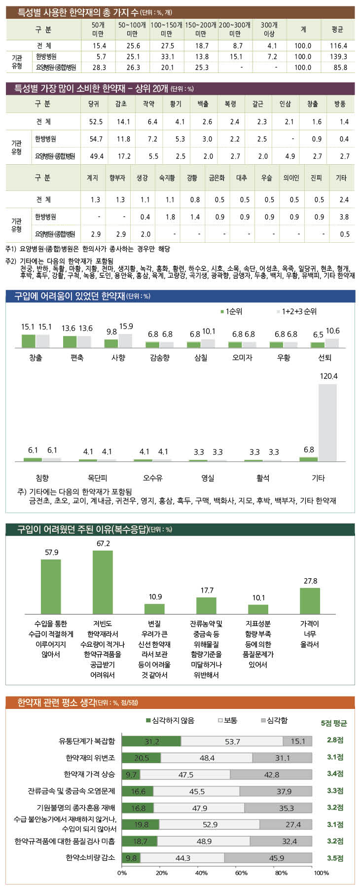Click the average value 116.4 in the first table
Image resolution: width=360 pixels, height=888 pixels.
(338, 45)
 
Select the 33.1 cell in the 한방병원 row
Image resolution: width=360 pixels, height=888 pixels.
(167, 57)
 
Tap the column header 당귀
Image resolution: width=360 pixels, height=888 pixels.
(93, 104)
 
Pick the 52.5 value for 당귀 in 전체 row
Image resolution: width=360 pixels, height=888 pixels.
(96, 121)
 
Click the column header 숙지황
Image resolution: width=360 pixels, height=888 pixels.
(167, 178)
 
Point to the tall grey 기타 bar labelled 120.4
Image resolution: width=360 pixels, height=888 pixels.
(327, 422)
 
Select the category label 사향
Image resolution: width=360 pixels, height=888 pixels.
(118, 357)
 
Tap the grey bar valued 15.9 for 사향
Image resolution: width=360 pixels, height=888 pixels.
(125, 340)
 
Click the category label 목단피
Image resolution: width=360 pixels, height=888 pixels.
(97, 478)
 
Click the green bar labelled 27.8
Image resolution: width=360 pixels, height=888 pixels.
(310, 600)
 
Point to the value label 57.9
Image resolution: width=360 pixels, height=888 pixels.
(51, 553)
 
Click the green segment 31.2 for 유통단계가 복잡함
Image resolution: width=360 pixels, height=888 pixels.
(151, 741)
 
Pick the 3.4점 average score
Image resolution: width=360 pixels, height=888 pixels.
(335, 774)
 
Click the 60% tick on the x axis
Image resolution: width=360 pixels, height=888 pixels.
(241, 873)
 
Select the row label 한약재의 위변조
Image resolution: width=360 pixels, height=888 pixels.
(90, 757)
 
